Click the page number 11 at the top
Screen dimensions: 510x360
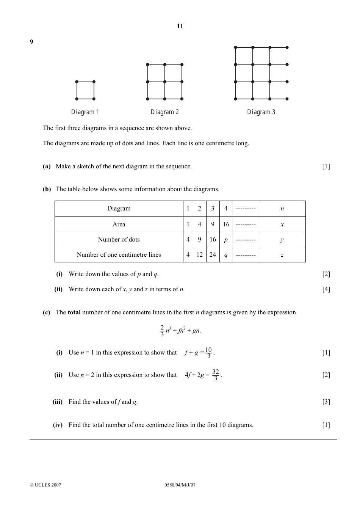click(180, 26)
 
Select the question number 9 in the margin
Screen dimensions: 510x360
click(31, 42)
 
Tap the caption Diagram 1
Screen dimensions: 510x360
click(85, 112)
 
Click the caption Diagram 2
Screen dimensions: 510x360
click(164, 112)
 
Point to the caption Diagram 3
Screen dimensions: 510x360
click(261, 112)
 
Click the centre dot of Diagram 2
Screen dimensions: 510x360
click(165, 82)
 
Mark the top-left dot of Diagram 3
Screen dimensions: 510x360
click(236, 47)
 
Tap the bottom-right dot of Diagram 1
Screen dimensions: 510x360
click(94, 99)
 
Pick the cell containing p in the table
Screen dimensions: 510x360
click(226, 240)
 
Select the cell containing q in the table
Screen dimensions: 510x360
click(226, 255)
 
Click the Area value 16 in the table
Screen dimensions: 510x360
click(226, 224)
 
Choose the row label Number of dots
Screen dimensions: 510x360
click(119, 240)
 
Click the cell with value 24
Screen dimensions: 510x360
click(213, 255)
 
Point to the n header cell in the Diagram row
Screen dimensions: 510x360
click(282, 209)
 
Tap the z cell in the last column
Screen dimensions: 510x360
click(282, 255)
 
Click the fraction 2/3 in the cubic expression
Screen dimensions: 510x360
click(162, 330)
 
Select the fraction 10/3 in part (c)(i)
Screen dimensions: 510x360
click(208, 353)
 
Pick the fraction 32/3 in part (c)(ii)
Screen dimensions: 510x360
click(216, 375)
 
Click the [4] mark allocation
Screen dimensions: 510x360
click(326, 289)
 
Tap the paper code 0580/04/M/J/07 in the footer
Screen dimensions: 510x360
click(180, 485)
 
